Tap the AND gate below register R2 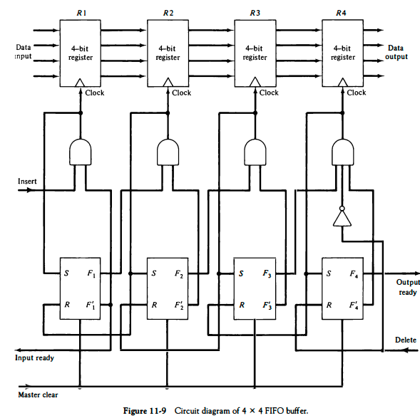(168, 151)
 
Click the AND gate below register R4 (343, 151)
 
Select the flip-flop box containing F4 (343, 290)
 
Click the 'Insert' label (27, 182)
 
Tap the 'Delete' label (405, 340)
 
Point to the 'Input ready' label (35, 357)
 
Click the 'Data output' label (396, 52)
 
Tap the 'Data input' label (23, 52)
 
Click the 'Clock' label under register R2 (181, 93)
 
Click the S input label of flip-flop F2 (153, 273)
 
